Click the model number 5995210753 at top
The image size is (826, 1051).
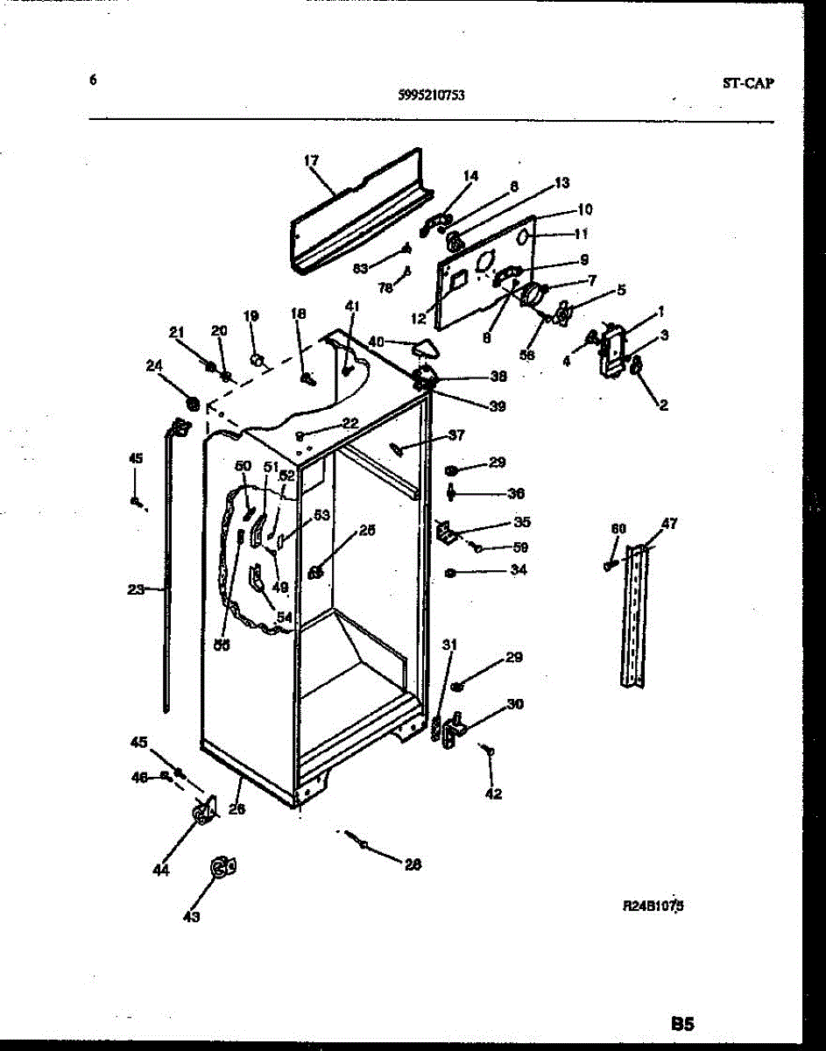tap(425, 96)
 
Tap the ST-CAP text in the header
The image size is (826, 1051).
tap(748, 84)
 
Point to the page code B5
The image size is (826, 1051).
tap(682, 1023)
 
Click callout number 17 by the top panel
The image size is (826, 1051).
tap(311, 160)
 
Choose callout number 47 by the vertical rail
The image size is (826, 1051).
tap(669, 524)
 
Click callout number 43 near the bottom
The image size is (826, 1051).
tap(191, 916)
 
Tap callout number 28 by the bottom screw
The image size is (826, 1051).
tap(413, 864)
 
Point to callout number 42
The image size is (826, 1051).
tap(492, 794)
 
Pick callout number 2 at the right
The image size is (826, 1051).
tap(663, 405)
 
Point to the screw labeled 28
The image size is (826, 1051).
tap(360, 841)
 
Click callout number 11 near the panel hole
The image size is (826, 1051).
tap(580, 234)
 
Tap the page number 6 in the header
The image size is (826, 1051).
tap(92, 81)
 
